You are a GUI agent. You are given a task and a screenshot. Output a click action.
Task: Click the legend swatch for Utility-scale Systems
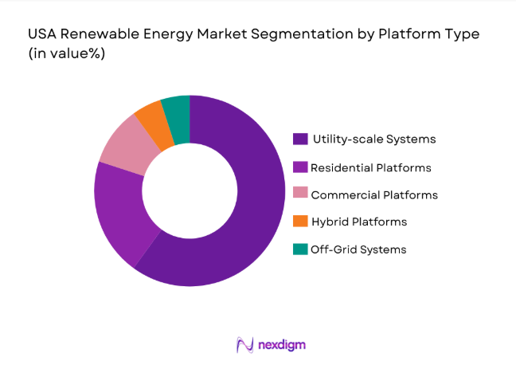[300, 139]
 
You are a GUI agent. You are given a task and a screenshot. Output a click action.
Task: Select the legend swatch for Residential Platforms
[300, 167]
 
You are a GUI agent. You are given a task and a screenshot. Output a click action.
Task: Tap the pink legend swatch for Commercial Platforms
[300, 194]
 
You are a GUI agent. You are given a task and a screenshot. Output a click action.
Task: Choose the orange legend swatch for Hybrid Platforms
[300, 221]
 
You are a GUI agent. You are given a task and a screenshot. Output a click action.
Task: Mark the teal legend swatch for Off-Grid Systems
[300, 249]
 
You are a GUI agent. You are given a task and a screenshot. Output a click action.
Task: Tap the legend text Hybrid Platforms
[359, 222]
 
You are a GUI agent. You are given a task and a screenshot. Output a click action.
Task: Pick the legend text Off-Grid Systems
[358, 249]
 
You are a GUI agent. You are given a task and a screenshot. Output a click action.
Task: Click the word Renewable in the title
[96, 35]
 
